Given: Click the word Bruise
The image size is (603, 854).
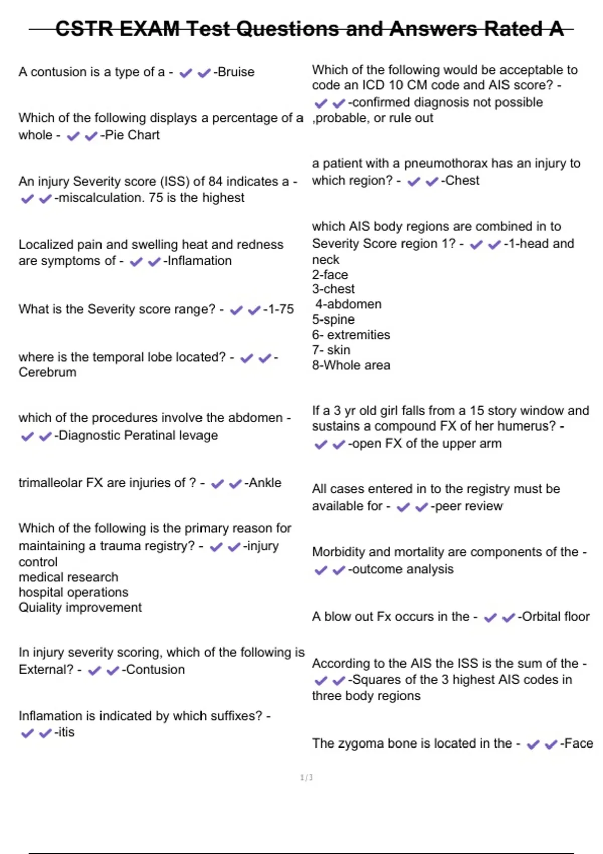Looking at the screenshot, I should (236, 72).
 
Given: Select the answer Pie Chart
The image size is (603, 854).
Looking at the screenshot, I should (132, 135).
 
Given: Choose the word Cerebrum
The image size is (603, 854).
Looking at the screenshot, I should (48, 372).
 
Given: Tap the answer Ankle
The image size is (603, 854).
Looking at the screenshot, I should (265, 483).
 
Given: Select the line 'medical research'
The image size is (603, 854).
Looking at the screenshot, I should (68, 577).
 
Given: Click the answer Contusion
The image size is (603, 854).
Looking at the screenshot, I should (155, 670).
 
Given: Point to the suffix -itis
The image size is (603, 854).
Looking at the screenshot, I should (65, 732).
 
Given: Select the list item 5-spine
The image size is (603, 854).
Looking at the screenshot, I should (333, 319).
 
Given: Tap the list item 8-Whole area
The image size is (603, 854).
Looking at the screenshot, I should (351, 365).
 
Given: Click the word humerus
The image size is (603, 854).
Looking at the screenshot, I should (531, 426).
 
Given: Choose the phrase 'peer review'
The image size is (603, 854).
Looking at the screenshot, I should (469, 506).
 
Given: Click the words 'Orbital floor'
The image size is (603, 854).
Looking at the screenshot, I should (556, 617).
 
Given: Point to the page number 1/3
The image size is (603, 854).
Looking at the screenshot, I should (307, 778).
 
